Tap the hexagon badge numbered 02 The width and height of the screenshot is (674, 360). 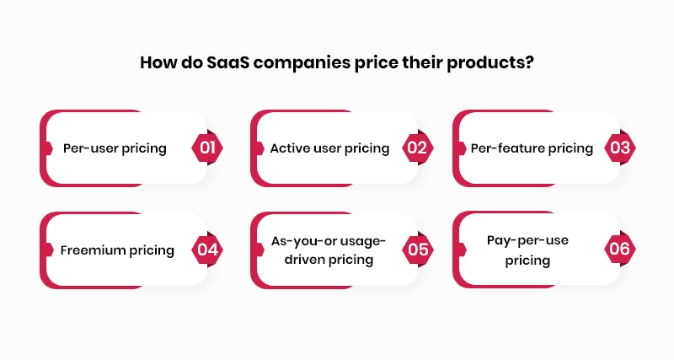pyautogui.click(x=416, y=148)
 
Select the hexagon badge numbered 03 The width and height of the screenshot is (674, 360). pyautogui.click(x=620, y=148)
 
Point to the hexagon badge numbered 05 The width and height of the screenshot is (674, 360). pyautogui.click(x=416, y=250)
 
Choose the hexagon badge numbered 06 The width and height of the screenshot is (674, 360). pyautogui.click(x=620, y=250)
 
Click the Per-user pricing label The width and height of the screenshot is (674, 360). pyautogui.click(x=115, y=148)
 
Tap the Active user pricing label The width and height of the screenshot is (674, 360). pyautogui.click(x=329, y=148)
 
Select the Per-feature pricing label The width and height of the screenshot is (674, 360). pyautogui.click(x=532, y=148)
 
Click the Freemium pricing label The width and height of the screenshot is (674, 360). pyautogui.click(x=117, y=250)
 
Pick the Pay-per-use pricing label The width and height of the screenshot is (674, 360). pyautogui.click(x=527, y=250)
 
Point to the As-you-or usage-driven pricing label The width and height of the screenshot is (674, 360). pyautogui.click(x=329, y=250)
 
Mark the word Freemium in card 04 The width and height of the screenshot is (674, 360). pyautogui.click(x=93, y=250)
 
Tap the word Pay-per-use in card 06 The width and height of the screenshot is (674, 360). pyautogui.click(x=527, y=240)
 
